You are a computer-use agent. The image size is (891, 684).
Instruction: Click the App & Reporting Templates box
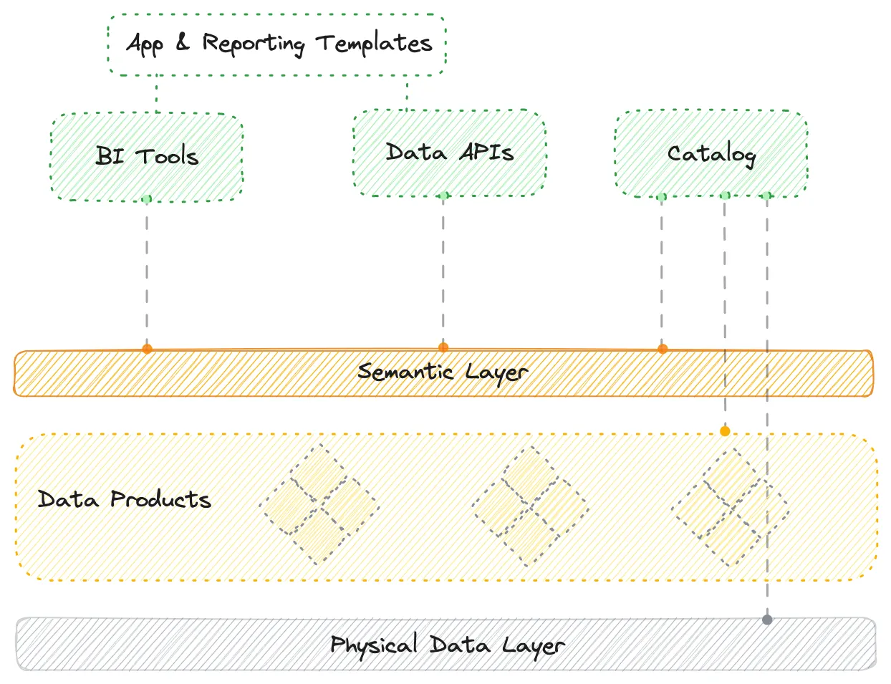click(277, 44)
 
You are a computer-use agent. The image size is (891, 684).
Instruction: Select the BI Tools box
click(147, 156)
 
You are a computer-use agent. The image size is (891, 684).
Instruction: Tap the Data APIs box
click(449, 153)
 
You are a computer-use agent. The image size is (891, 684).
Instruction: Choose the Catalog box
click(711, 153)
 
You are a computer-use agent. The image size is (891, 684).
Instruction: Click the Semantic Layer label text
click(443, 372)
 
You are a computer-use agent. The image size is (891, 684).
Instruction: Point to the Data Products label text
click(124, 499)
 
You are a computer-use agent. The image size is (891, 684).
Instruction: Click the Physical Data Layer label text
click(447, 645)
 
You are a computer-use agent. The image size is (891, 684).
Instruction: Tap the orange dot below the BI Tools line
click(147, 349)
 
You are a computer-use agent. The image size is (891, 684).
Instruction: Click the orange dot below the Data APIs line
click(443, 347)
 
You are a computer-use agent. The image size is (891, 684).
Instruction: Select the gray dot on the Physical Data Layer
click(767, 620)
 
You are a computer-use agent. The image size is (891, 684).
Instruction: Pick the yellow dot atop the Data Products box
click(725, 431)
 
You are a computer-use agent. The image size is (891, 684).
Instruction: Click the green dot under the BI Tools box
click(147, 199)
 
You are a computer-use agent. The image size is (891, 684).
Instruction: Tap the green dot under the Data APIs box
click(444, 196)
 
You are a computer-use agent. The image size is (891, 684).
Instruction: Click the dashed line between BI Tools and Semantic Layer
click(147, 272)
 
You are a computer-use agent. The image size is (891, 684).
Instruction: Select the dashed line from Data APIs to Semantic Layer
click(443, 272)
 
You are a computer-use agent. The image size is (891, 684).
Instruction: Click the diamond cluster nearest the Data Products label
click(319, 505)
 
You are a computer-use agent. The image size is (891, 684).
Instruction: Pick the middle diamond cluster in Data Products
click(530, 507)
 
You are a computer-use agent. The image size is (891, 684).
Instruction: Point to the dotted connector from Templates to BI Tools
click(157, 94)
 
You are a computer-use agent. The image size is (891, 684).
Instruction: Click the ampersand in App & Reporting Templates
click(183, 43)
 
